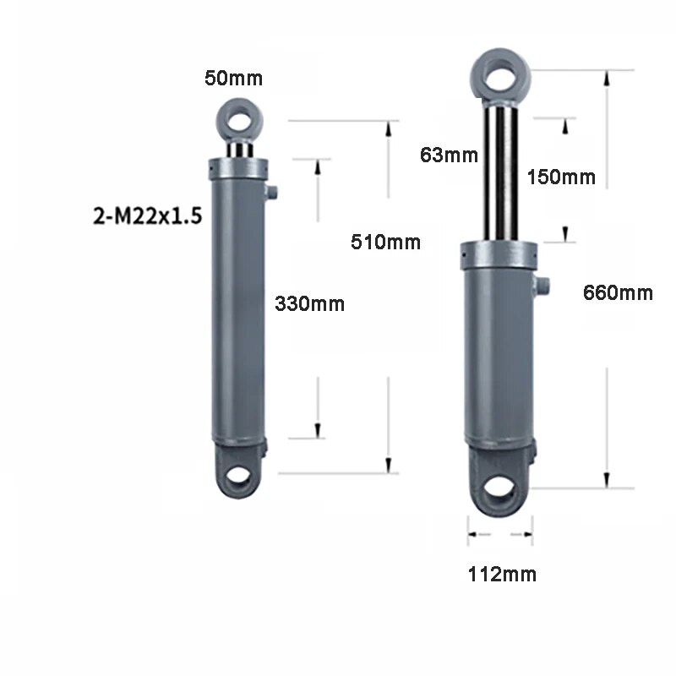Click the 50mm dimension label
[233, 79]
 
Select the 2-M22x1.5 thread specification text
[147, 215]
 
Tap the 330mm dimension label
[309, 303]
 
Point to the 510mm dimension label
[385, 243]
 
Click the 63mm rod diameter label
[450, 155]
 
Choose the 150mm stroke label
[560, 177]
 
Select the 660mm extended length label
[618, 293]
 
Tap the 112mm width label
[502, 575]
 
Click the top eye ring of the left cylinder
[238, 118]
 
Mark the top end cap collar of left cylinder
[238, 169]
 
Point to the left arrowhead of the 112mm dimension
[472, 534]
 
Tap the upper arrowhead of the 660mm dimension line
[606, 78]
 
